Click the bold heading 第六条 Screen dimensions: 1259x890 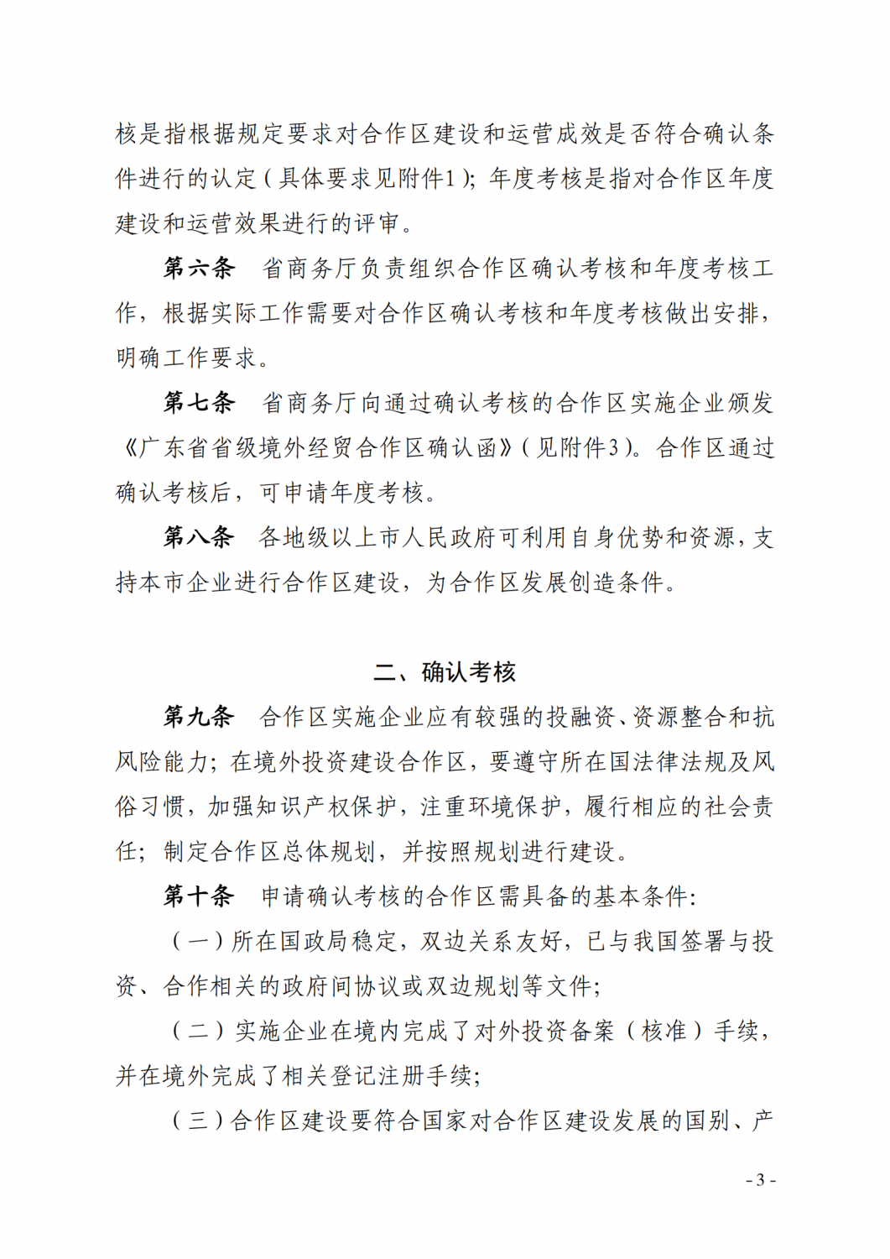(199, 269)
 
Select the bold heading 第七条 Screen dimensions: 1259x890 (199, 403)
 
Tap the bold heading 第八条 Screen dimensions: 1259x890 (199, 537)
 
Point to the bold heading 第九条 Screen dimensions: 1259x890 (199, 717)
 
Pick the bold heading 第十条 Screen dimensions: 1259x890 (199, 896)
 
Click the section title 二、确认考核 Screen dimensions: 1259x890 (445, 672)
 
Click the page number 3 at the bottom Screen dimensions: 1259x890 (760, 1180)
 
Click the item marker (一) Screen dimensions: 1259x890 (198, 942)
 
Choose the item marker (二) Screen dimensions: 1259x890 (199, 1031)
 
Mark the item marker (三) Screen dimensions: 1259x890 (198, 1121)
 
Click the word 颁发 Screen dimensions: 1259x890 (750, 403)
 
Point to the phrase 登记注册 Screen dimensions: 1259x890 (375, 1076)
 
